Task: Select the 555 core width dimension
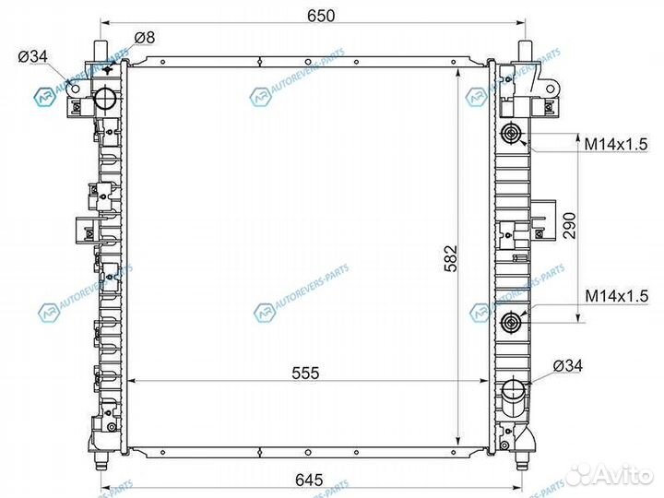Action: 305,373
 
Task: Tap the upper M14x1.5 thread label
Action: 616,143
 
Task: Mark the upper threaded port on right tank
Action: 512,137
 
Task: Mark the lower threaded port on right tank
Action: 512,323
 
